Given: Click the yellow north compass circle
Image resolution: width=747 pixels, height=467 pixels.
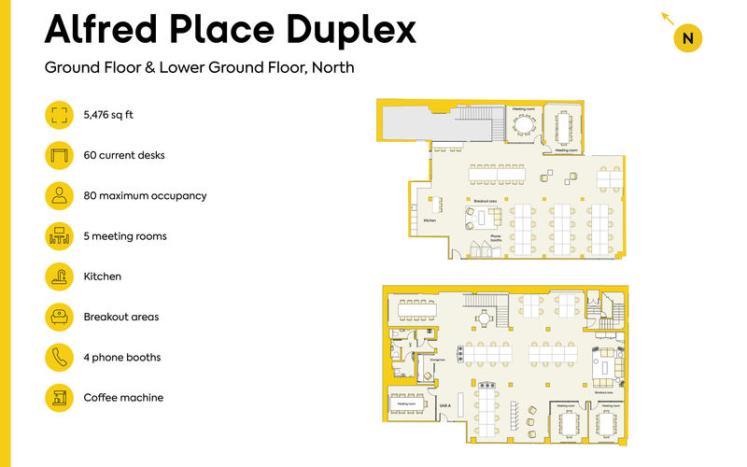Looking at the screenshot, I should [687, 38].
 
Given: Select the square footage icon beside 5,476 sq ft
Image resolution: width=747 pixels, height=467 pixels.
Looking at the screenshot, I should [60, 115].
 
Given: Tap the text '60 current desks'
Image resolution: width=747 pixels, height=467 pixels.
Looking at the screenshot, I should [124, 155].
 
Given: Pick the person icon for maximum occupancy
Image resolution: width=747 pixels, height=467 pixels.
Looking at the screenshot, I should [60, 195].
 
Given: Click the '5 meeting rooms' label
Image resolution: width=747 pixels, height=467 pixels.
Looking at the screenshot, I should [125, 236].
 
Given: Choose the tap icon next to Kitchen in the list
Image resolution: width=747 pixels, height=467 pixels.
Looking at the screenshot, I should [60, 276].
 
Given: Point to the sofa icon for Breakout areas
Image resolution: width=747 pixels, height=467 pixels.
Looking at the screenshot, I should [60, 317].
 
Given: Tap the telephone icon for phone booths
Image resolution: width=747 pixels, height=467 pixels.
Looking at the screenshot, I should [60, 357].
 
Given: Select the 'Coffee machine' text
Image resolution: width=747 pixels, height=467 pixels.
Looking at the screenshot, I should [123, 398].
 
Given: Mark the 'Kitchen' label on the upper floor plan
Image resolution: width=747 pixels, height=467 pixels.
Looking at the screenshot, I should [430, 220].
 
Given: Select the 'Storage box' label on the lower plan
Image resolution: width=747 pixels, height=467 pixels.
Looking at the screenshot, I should [437, 358].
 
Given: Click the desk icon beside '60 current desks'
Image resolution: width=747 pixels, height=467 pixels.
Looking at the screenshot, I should [60, 155].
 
